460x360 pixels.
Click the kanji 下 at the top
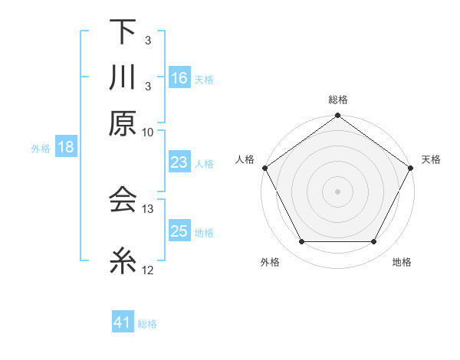(x=122, y=32)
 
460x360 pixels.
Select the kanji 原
(x=122, y=123)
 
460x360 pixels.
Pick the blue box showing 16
(x=179, y=77)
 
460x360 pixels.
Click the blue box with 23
(x=179, y=162)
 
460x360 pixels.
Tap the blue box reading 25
(x=179, y=231)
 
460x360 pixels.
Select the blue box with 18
(x=66, y=147)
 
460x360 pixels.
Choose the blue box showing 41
(x=123, y=322)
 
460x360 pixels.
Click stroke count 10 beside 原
(x=148, y=132)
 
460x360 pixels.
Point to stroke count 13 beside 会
(x=148, y=208)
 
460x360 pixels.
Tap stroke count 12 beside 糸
(x=148, y=270)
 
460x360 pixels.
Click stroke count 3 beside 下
(x=148, y=40)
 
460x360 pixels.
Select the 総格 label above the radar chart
(x=337, y=100)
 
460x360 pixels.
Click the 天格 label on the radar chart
(x=431, y=159)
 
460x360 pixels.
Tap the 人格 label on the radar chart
(x=245, y=159)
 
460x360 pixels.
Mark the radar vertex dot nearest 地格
(x=374, y=242)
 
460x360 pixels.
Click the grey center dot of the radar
(x=337, y=191)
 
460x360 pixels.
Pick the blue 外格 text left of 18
(x=41, y=148)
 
